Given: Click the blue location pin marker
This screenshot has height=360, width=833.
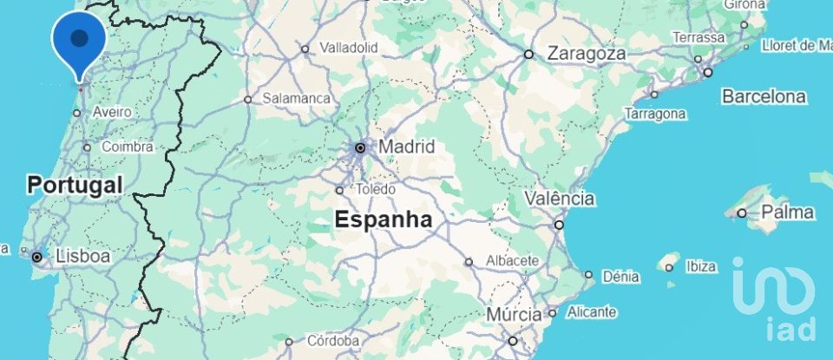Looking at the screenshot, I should point(79,40).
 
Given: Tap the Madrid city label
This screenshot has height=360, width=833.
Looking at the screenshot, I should point(406,147).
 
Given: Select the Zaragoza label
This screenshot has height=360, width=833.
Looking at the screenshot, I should point(586,54).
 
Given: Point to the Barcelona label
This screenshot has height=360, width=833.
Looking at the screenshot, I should point(764,96).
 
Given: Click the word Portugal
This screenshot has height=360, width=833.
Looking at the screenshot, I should point(75,185).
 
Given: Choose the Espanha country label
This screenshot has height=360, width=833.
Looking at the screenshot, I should point(384,219).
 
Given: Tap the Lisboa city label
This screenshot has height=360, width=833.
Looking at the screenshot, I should point(82,257).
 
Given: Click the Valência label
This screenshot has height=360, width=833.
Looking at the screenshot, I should point(559,199).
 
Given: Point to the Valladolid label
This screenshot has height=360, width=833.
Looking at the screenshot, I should point(349,47).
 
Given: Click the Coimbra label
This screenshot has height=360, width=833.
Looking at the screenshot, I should point(128,147).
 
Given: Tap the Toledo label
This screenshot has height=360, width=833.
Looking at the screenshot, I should point(376,189).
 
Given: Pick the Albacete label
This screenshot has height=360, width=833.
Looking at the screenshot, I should point(513,260).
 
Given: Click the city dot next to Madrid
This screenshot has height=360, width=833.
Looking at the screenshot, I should point(360,148).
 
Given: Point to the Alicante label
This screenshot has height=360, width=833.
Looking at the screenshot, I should point(592,311).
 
